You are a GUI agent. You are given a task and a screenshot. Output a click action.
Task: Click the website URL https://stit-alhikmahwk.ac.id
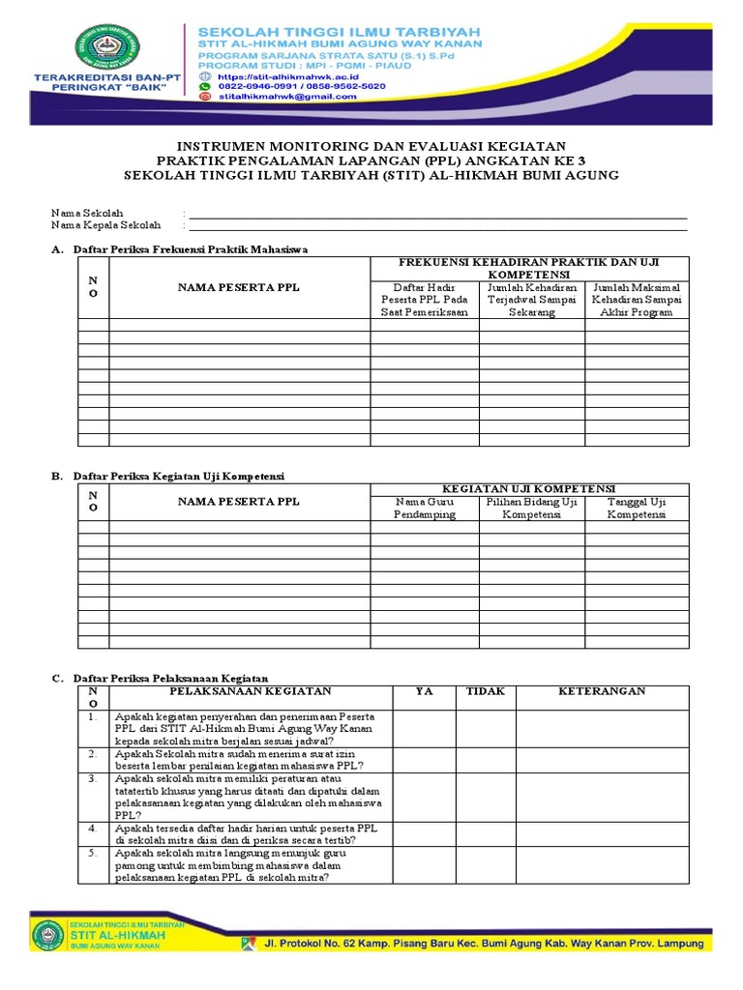click(277, 74)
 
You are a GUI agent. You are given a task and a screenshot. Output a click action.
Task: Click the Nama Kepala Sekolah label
click(105, 225)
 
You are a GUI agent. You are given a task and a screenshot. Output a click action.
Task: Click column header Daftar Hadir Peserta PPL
click(424, 300)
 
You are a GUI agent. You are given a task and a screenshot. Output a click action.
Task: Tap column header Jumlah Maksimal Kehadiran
click(637, 300)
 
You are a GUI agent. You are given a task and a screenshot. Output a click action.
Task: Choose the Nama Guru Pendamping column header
click(424, 509)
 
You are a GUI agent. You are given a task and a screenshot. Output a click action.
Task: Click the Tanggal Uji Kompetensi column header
click(637, 509)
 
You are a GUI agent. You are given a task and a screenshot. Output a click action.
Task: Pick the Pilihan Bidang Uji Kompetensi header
click(530, 509)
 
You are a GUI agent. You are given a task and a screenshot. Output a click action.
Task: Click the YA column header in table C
click(424, 691)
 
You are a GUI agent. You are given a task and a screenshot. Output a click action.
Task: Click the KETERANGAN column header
click(602, 691)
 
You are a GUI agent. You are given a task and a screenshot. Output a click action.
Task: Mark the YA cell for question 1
click(424, 728)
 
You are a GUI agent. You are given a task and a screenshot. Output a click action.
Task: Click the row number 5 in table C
click(92, 854)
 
